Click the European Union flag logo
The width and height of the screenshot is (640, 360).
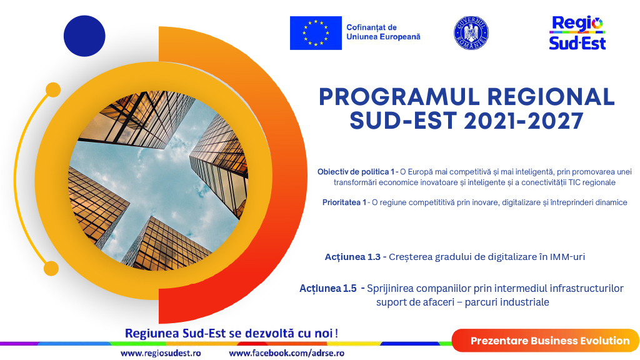click(316, 33)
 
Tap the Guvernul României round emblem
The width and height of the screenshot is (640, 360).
click(471, 33)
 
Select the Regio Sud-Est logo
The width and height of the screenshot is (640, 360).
click(577, 33)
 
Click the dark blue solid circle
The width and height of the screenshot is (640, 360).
click(84, 36)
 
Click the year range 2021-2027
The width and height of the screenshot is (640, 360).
click(524, 121)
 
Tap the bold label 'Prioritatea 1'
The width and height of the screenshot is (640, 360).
click(344, 202)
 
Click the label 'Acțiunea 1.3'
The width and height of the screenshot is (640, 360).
click(352, 257)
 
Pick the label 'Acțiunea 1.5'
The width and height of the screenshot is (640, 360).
click(328, 289)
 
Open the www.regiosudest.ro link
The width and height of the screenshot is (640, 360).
click(161, 353)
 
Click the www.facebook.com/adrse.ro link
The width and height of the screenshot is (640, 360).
click(286, 353)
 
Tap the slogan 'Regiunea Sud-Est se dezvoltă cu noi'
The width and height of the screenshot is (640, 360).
click(229, 334)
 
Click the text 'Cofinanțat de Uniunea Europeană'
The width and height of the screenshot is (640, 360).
click(383, 32)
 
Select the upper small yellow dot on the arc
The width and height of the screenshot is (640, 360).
click(53, 90)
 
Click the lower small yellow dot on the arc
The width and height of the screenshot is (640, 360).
click(51, 269)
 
